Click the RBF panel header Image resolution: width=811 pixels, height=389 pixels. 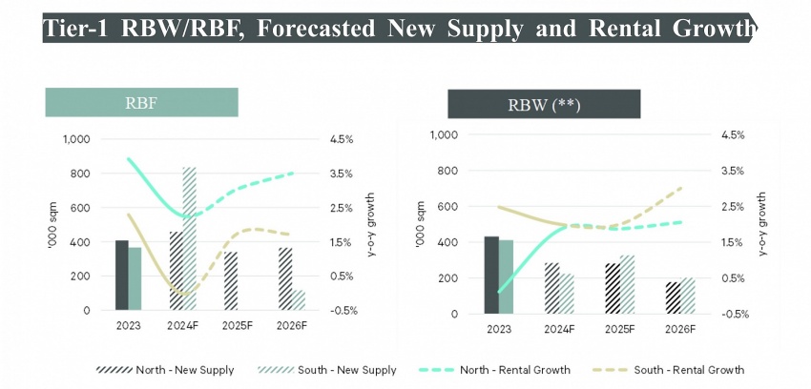pos(141,102)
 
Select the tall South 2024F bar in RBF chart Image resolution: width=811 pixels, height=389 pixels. pos(189,238)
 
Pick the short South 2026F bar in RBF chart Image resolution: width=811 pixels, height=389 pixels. pos(299,299)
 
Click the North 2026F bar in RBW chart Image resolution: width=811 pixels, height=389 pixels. pos(673,297)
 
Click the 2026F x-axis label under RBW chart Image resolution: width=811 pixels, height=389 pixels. pos(680,329)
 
